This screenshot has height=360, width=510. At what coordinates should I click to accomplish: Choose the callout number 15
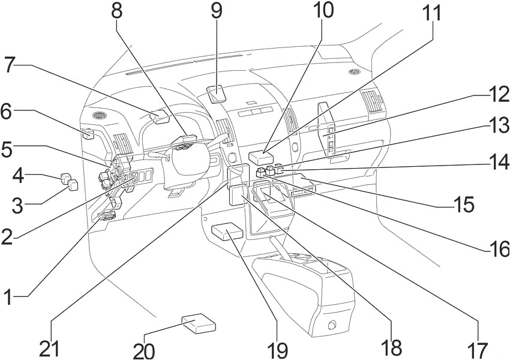pos(464,205)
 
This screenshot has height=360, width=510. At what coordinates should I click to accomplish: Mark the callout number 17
pos(478,348)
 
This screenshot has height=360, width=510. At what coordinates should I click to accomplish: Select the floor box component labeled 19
pos(227,231)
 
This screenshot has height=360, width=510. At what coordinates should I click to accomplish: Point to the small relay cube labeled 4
pos(65,177)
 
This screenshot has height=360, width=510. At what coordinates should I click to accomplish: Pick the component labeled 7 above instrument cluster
pos(161,116)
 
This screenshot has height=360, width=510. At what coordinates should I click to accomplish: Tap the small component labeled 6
pos(87,133)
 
